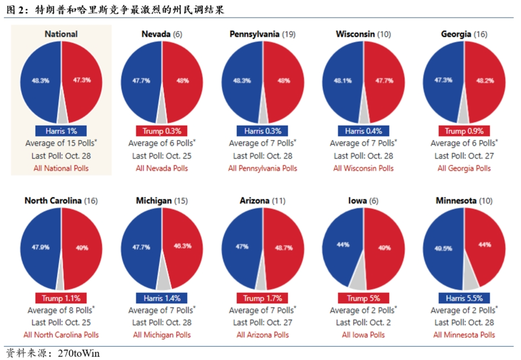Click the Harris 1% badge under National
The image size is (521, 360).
tap(61, 131)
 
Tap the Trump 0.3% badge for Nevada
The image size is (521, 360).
tap(162, 131)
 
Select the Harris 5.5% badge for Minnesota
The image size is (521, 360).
tap(464, 297)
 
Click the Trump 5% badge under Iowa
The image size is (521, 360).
tap(364, 297)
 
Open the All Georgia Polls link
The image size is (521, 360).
tap(464, 168)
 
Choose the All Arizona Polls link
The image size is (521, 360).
tap(263, 335)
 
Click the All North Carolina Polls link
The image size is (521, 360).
tap(61, 335)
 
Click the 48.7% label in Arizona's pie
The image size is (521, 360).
tap(283, 248)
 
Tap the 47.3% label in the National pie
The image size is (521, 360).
tap(81, 80)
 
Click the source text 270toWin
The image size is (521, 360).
tap(79, 353)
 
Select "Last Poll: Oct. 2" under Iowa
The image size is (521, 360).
tap(364, 322)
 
